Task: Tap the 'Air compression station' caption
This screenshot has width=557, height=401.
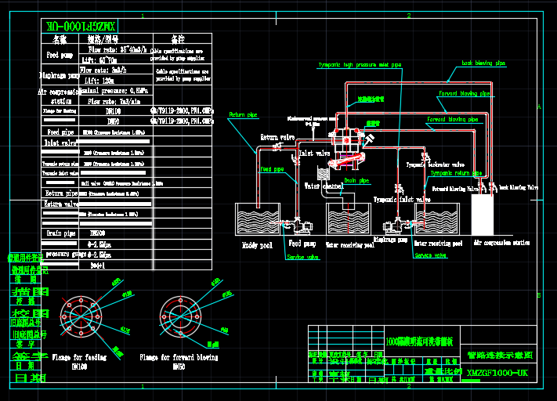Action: pyautogui.click(x=501, y=244)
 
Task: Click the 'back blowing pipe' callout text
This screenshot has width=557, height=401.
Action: pyautogui.click(x=483, y=63)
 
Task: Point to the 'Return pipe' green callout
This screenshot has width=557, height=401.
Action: pyautogui.click(x=243, y=115)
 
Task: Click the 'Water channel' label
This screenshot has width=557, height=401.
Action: pyautogui.click(x=324, y=186)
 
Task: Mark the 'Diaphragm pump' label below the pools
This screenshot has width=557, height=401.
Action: pyautogui.click(x=389, y=239)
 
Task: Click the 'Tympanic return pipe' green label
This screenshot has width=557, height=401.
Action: pyautogui.click(x=456, y=173)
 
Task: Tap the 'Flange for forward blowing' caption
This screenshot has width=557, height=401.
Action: pyautogui.click(x=179, y=357)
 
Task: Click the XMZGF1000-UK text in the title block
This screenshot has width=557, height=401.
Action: pyautogui.click(x=497, y=372)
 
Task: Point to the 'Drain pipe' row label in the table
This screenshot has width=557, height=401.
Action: pyautogui.click(x=60, y=233)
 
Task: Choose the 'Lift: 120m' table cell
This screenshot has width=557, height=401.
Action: pyautogui.click(x=96, y=81)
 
